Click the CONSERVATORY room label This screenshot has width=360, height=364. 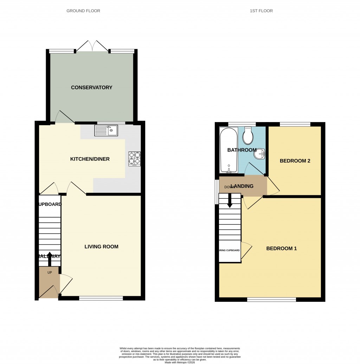tap(91, 88)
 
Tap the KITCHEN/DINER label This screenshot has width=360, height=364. tap(90, 159)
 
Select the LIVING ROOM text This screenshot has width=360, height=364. tap(101, 247)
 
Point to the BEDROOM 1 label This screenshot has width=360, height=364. tap(281, 249)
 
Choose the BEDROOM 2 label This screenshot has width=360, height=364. tap(295, 161)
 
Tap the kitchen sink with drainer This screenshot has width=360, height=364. tap(107, 131)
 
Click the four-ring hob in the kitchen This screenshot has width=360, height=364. tap(134, 159)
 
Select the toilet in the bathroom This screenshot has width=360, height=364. tap(248, 136)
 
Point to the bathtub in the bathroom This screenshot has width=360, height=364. tap(229, 150)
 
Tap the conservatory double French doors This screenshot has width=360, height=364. tap(92, 46)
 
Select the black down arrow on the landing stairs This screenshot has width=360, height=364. tap(230, 202)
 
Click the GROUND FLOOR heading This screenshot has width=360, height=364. tap(83, 11)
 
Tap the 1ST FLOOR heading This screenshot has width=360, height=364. tap(261, 11)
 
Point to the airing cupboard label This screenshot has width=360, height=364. tap(230, 251)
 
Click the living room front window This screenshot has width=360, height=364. tap(101, 298)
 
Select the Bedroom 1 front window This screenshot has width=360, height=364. tap(271, 300)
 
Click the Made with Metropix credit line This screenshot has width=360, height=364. tap(180, 360)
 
